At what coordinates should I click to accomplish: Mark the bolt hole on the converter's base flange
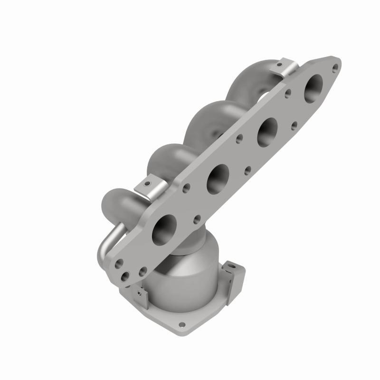181,324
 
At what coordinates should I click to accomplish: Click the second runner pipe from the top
204,119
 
